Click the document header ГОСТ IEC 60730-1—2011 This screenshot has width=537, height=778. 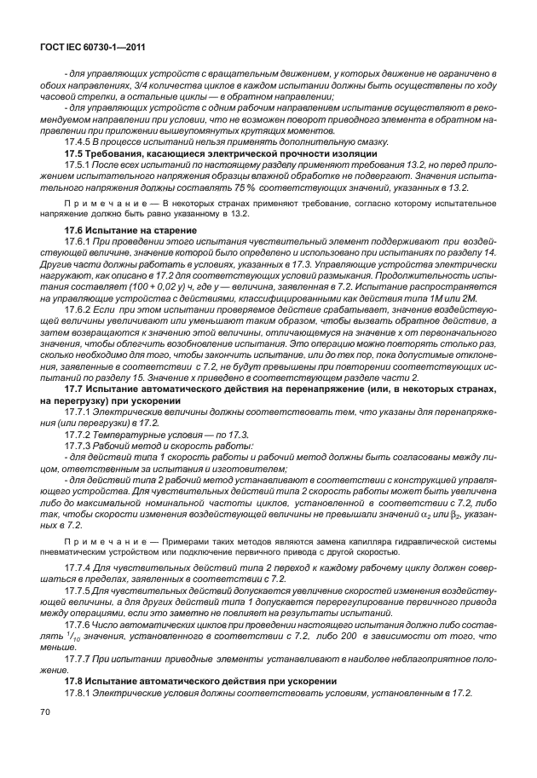coord(89,49)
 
